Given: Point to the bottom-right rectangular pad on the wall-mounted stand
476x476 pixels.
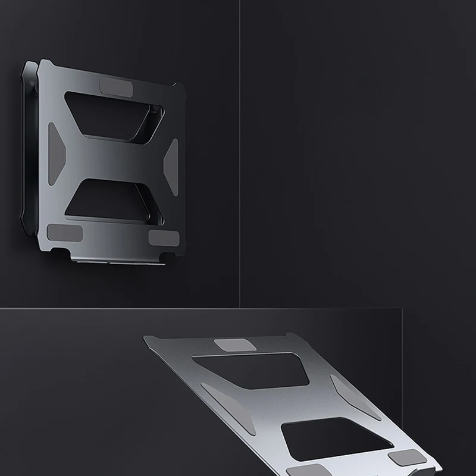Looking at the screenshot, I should (163, 238).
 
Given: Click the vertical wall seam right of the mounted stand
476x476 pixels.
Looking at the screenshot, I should (240, 149).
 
